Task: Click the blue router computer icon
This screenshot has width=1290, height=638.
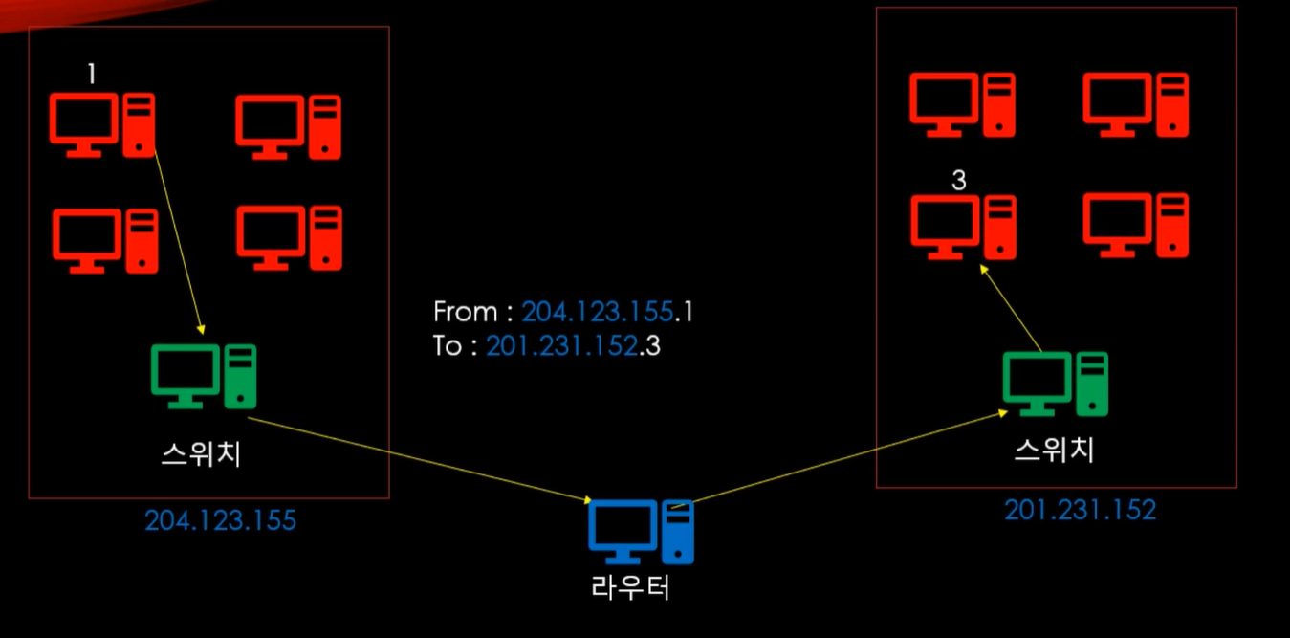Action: coord(640,532)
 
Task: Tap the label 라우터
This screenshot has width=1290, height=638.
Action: coord(631,586)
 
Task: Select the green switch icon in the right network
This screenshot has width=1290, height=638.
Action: coord(1055,384)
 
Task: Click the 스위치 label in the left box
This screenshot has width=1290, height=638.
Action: coord(200,453)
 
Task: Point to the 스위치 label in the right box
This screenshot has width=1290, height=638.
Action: coord(1054,449)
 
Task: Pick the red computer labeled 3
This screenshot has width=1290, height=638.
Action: coord(962,226)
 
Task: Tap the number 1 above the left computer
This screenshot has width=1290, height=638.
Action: coord(92,74)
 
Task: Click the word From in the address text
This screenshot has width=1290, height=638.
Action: coord(465,312)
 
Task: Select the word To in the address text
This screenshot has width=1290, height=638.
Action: coord(448,345)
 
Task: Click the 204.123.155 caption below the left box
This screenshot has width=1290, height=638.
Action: coord(220,520)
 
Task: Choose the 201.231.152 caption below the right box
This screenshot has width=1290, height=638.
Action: coord(1080,510)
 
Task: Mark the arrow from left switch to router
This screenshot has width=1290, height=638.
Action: coord(421,459)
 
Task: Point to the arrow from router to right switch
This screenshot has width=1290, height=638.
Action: coord(842,457)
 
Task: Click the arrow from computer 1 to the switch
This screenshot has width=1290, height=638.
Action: coord(178,239)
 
